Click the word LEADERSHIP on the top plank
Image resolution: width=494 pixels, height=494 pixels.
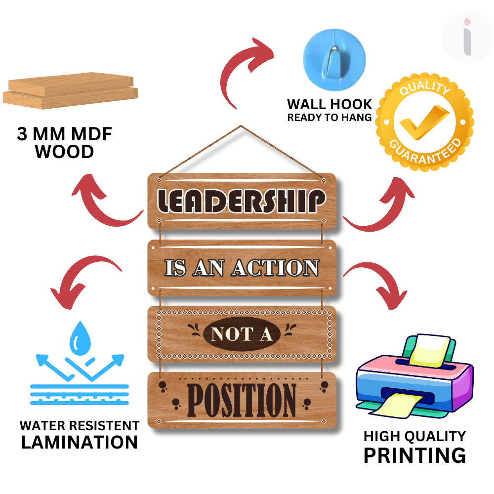coord(242,201)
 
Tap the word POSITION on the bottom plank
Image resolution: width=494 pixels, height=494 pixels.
coord(242,400)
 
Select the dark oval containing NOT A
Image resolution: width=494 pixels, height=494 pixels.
coord(242,334)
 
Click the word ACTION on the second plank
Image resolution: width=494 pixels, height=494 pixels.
coord(276,268)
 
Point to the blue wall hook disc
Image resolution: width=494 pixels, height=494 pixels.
coord(334,60)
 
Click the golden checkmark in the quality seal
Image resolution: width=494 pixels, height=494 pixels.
coord(424,122)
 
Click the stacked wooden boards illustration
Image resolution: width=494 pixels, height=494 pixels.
coord(71,91)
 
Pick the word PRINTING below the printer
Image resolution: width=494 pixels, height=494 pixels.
coord(414,455)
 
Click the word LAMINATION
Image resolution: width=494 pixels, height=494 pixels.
coord(80,442)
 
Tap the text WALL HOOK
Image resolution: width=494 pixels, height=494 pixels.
coord(329,104)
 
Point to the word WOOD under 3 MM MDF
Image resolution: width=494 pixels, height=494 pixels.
coord(64,152)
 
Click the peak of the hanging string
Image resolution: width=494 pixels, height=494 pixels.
coord(241,126)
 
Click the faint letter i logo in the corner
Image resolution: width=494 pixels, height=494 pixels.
coord(467,37)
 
